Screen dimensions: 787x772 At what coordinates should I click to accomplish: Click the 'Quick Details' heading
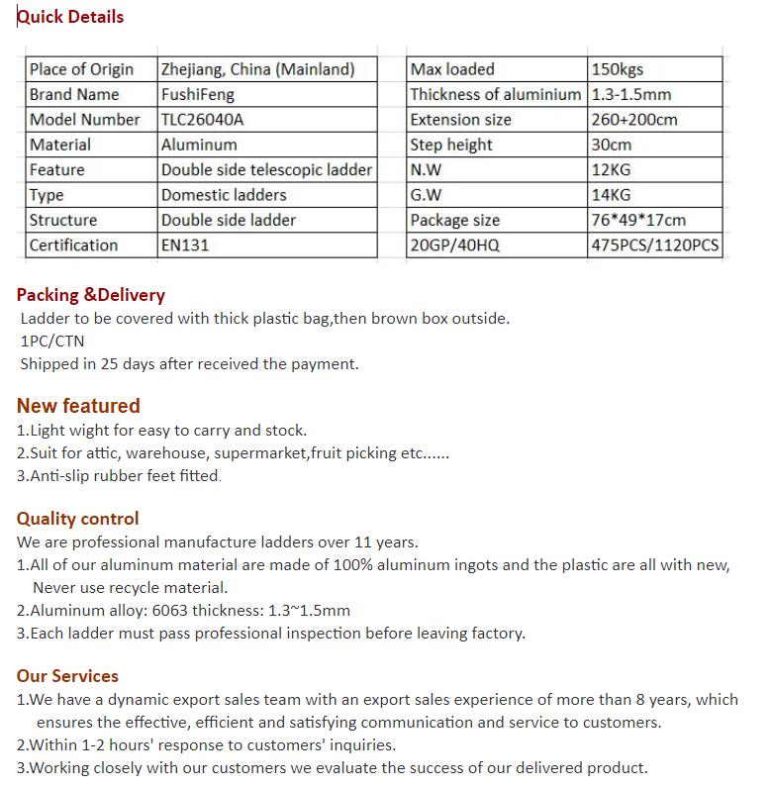(70, 17)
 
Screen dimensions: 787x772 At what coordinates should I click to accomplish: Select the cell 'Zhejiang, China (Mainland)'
(257, 69)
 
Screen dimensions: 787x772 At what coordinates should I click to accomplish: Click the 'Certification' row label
(73, 246)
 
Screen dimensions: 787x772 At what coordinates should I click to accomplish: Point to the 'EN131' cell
(185, 246)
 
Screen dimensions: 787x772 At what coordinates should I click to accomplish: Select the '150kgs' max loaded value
(617, 69)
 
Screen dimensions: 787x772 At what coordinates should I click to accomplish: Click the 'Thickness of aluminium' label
(496, 95)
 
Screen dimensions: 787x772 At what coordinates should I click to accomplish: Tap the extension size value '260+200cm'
(634, 120)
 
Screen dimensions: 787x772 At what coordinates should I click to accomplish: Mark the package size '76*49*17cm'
(638, 221)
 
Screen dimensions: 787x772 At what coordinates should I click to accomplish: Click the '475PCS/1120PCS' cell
(655, 246)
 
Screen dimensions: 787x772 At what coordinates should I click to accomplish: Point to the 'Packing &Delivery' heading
(91, 295)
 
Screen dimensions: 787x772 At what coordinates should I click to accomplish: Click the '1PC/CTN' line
(52, 342)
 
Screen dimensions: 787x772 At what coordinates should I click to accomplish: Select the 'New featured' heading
(78, 406)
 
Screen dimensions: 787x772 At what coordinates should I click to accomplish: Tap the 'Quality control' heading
(78, 519)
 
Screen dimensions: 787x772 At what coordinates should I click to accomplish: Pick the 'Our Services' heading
(67, 676)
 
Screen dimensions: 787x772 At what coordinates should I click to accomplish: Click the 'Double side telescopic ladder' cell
(266, 170)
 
